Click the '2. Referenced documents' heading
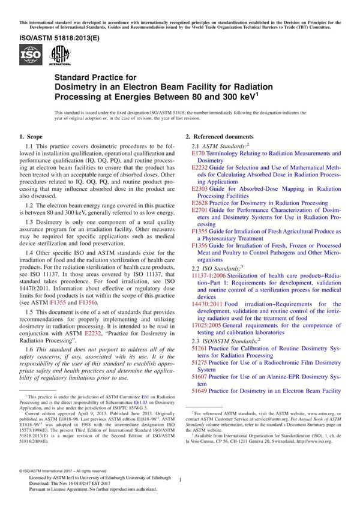pos(220,137)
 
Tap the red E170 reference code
pos(198,154)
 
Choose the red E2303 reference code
pos(200,188)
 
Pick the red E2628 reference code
pos(200,203)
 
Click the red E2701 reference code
pos(200,211)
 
